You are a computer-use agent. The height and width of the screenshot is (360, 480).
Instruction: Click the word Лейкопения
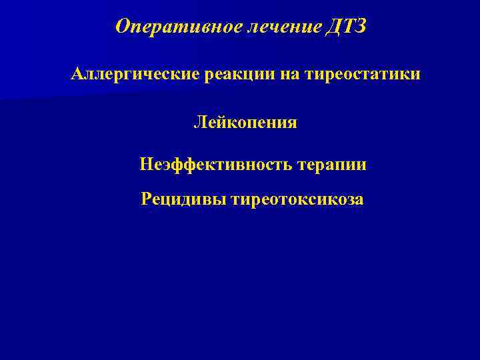[x=245, y=123]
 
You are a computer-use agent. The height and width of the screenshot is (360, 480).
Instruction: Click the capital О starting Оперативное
[x=121, y=27]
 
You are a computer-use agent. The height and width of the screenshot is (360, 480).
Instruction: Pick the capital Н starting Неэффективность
[x=146, y=163]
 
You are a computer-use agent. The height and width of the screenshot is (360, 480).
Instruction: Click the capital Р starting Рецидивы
[x=146, y=199]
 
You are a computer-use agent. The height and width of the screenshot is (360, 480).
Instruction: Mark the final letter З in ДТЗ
[x=361, y=27]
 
